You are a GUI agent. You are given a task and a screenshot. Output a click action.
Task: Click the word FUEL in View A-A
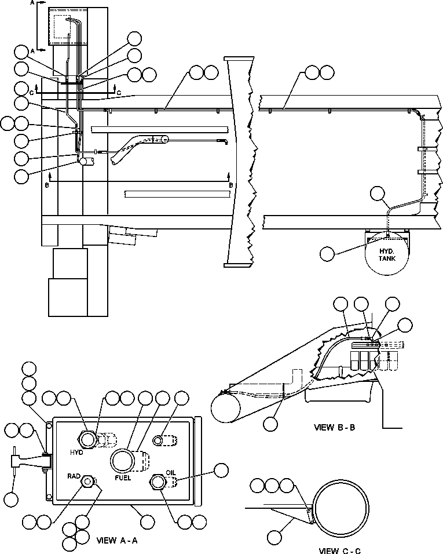pos(123,478)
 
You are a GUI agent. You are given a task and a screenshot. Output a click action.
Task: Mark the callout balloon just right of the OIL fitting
pos(221,471)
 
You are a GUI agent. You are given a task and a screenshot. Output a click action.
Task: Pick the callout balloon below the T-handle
pos(11,499)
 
